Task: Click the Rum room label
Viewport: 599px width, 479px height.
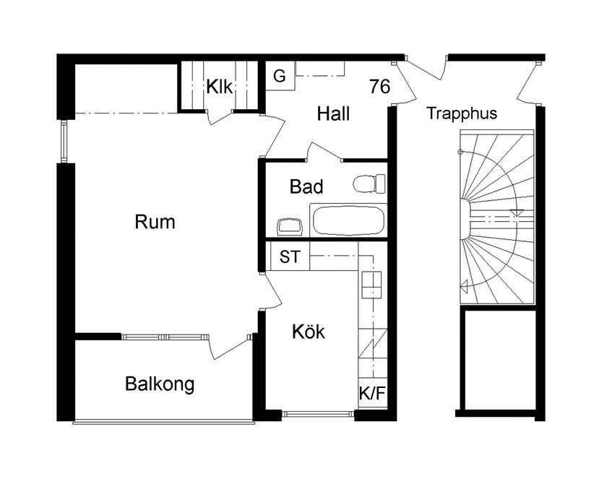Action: click(155, 222)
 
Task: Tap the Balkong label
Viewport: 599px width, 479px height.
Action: click(160, 384)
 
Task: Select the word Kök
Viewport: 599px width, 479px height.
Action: click(309, 332)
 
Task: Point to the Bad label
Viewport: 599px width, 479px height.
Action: click(306, 187)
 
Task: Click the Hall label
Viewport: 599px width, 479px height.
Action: click(333, 114)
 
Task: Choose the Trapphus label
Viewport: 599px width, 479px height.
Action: click(462, 113)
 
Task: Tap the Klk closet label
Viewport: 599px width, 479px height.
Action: click(219, 87)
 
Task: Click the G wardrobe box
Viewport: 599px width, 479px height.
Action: click(280, 76)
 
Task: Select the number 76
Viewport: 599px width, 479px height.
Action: click(380, 86)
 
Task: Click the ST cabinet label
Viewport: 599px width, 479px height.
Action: click(290, 256)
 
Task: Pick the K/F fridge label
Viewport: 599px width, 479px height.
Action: click(372, 393)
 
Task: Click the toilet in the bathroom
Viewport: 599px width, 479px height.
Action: click(369, 184)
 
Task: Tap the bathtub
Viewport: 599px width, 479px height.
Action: click(348, 220)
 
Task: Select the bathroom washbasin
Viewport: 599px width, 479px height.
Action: click(290, 227)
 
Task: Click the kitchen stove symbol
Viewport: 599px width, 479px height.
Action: click(371, 285)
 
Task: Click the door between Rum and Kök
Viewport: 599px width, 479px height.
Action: click(272, 290)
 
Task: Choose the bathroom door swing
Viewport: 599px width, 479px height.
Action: click(324, 151)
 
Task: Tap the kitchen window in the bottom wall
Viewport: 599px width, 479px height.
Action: click(318, 413)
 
